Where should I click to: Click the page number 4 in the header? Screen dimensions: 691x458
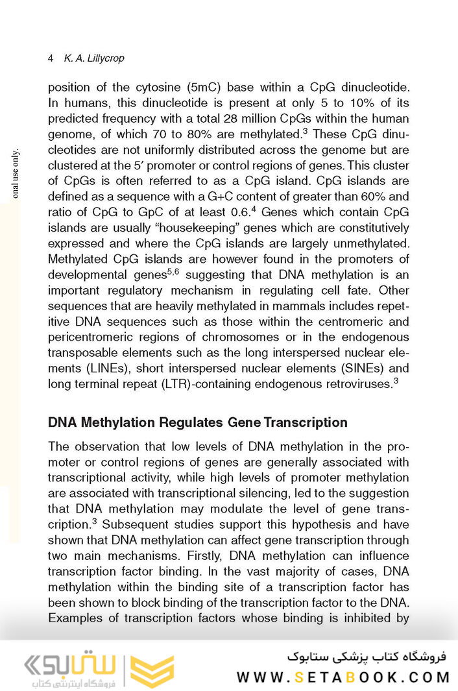click(x=51, y=58)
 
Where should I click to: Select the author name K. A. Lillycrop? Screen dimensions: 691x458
click(x=94, y=58)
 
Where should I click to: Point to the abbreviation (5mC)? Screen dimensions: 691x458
click(x=204, y=87)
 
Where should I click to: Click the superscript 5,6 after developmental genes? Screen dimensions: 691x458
click(x=172, y=272)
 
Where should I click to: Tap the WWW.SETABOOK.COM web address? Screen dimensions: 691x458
click(x=343, y=677)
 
